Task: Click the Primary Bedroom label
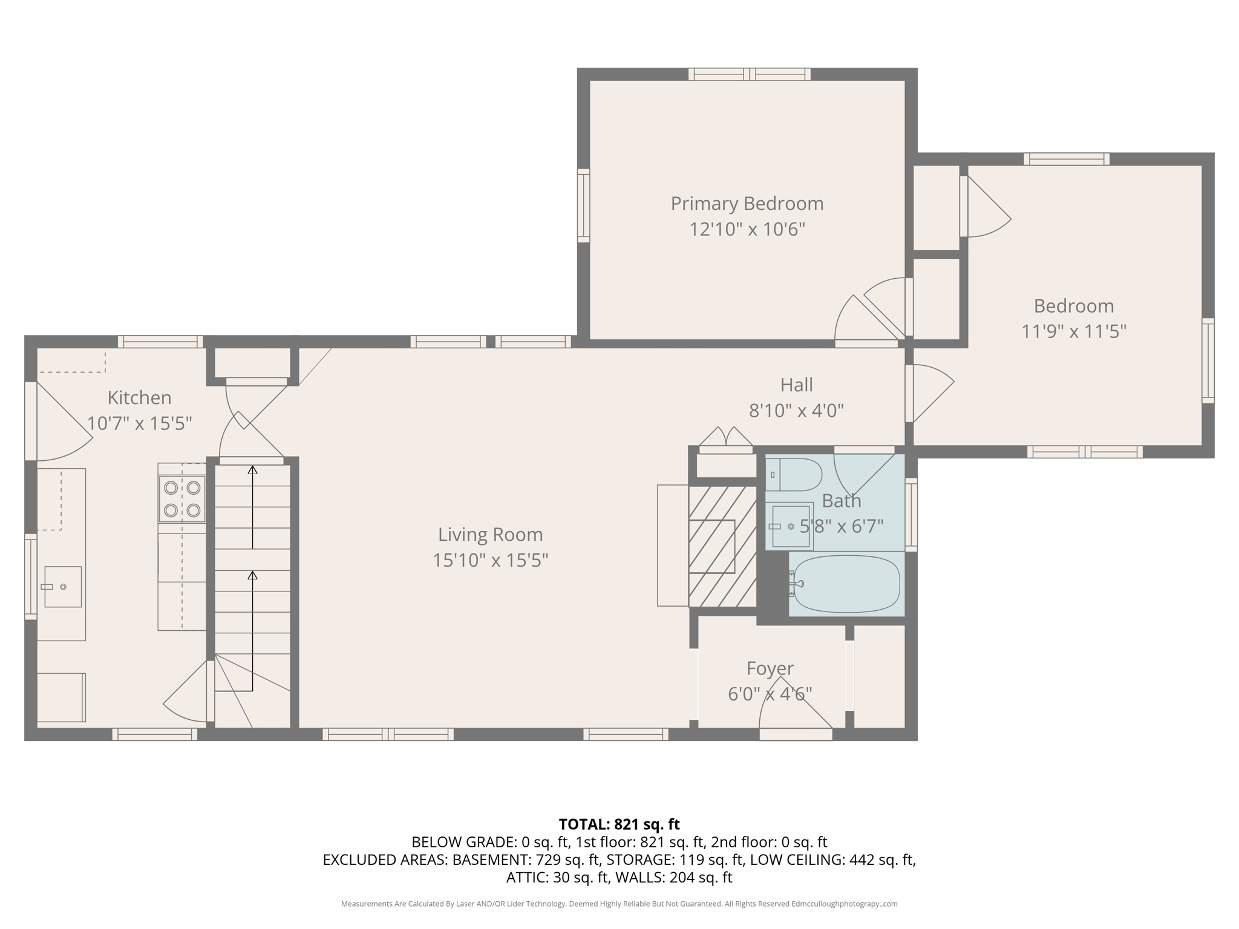pyautogui.click(x=747, y=204)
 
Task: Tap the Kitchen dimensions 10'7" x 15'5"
pyautogui.click(x=139, y=423)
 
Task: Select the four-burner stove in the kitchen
pyautogui.click(x=182, y=499)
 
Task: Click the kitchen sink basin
pyautogui.click(x=63, y=587)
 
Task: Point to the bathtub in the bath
pyautogui.click(x=846, y=584)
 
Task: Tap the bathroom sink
pyautogui.click(x=790, y=526)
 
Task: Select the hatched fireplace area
pyautogui.click(x=722, y=546)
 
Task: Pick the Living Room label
pyautogui.click(x=490, y=535)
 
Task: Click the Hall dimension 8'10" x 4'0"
pyautogui.click(x=796, y=411)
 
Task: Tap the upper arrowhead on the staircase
pyautogui.click(x=253, y=469)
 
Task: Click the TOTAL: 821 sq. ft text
pyautogui.click(x=619, y=824)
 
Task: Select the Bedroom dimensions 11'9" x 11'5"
pyautogui.click(x=1073, y=331)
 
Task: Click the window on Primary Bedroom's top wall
pyautogui.click(x=749, y=74)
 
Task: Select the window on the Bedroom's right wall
pyautogui.click(x=1208, y=360)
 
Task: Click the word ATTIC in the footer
pyautogui.click(x=526, y=877)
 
